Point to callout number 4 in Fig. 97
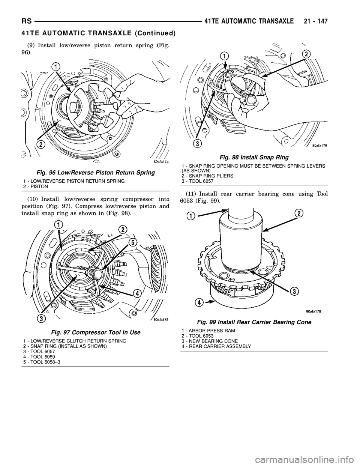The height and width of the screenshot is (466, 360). point(137,294)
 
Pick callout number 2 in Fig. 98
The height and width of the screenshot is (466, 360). point(306,54)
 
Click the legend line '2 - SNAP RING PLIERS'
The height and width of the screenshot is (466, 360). point(208,176)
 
